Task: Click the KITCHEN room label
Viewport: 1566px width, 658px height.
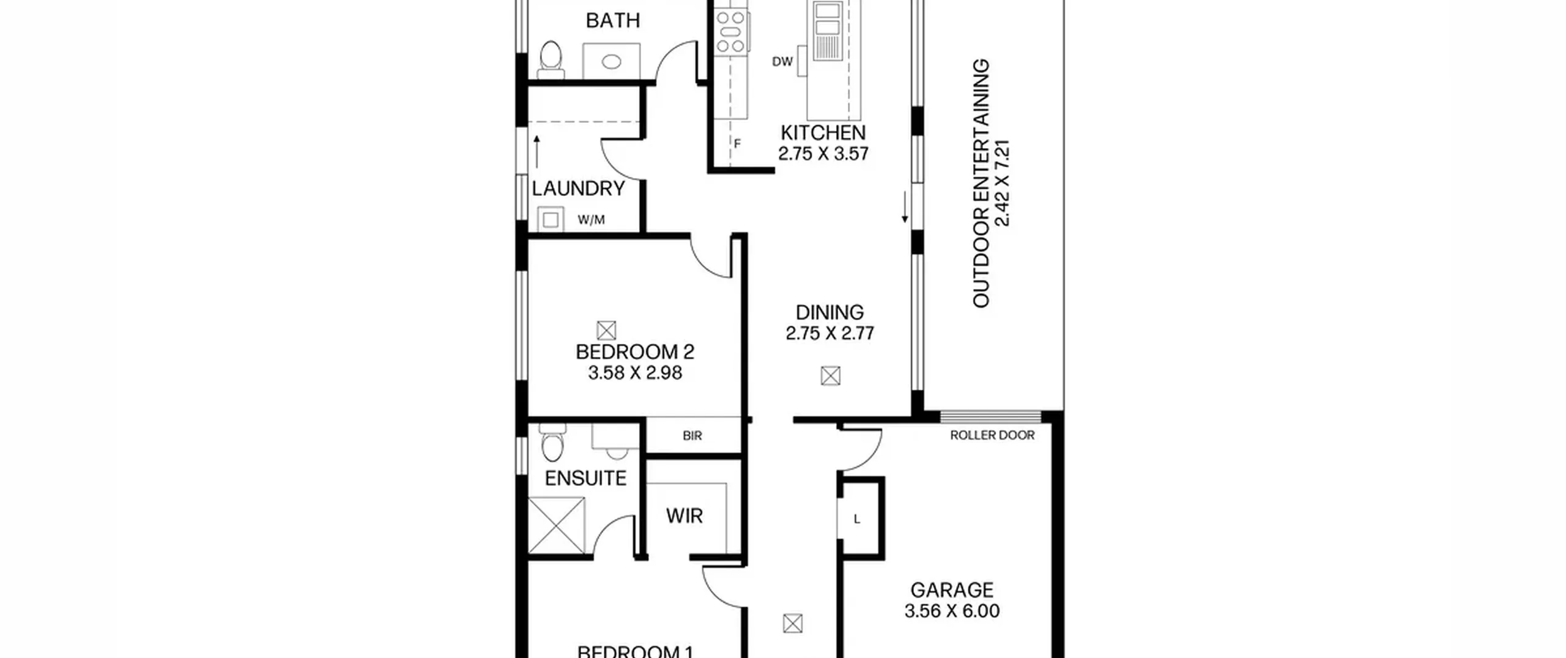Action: pyautogui.click(x=823, y=133)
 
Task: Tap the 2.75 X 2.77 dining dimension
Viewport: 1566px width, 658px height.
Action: pyautogui.click(x=829, y=334)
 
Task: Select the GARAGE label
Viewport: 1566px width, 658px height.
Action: pyautogui.click(x=952, y=590)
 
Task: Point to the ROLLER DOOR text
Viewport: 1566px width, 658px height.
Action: pyautogui.click(x=992, y=435)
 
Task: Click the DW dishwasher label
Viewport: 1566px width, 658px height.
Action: pyautogui.click(x=782, y=61)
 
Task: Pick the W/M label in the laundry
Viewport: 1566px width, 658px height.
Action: pyautogui.click(x=591, y=220)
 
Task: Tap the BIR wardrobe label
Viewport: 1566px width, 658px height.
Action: pyautogui.click(x=692, y=436)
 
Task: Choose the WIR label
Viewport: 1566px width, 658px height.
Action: pyautogui.click(x=685, y=516)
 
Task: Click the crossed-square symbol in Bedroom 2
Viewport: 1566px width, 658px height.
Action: pyautogui.click(x=606, y=331)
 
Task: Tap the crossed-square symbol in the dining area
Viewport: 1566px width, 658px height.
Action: pyautogui.click(x=830, y=375)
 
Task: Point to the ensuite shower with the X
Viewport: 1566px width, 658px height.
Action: pyautogui.click(x=556, y=525)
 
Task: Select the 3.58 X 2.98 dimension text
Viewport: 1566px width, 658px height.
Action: pyautogui.click(x=635, y=373)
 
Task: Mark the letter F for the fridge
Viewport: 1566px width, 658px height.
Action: pyautogui.click(x=737, y=144)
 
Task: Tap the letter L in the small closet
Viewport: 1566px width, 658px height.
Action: pyautogui.click(x=857, y=519)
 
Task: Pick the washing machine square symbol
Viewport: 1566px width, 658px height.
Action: pyautogui.click(x=551, y=220)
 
